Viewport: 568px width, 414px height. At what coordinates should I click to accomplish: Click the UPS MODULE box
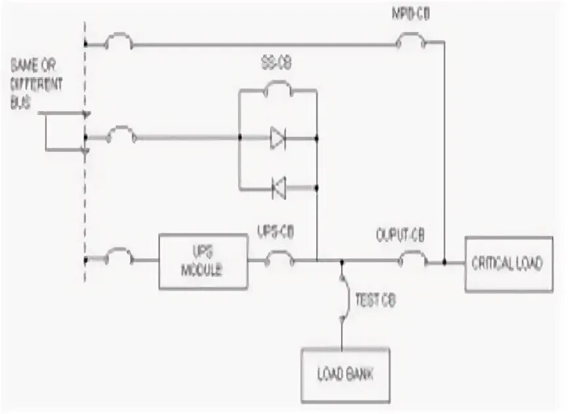tap(204, 262)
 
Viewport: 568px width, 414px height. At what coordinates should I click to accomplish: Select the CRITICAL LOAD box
tap(508, 264)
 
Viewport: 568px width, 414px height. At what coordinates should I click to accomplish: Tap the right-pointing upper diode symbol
tap(277, 138)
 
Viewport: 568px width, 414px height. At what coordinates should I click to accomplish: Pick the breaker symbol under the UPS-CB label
tap(279, 261)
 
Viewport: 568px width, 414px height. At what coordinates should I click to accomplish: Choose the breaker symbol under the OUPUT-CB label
tap(413, 261)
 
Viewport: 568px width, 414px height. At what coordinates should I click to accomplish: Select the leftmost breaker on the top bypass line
tap(120, 43)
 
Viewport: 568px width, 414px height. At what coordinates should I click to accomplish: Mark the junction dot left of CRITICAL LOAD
tap(445, 262)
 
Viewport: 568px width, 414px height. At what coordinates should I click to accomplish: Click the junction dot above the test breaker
tap(342, 262)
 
